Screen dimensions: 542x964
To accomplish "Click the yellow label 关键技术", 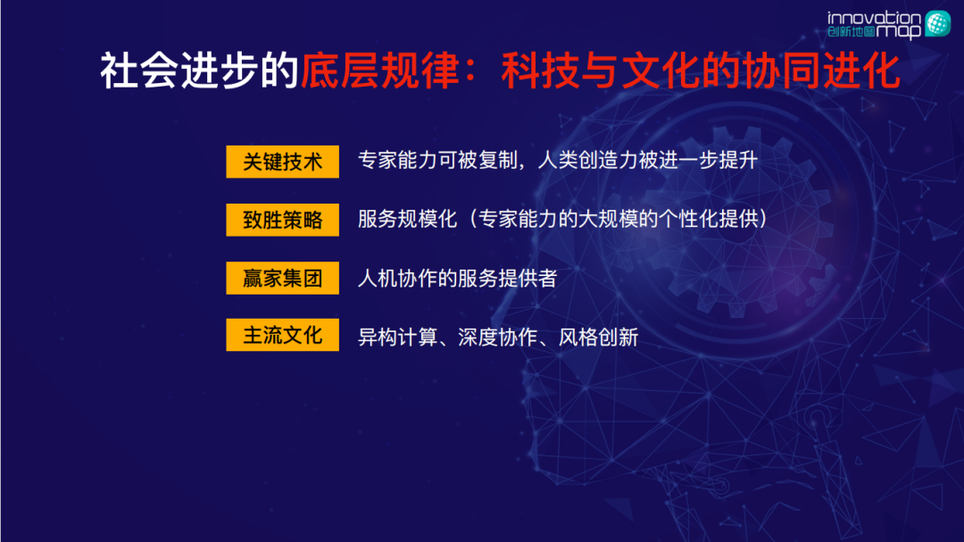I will tap(282, 162).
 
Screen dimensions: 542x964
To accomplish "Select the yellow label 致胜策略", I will tap(282, 220).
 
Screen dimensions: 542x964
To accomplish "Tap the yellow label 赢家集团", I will tap(282, 278).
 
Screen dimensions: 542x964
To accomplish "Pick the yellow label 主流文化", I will tap(282, 336).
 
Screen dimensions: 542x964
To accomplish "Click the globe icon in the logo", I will tap(937, 23).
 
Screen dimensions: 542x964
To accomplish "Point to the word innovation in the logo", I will tap(874, 17).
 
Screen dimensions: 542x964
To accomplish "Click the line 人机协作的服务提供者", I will tap(457, 278).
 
